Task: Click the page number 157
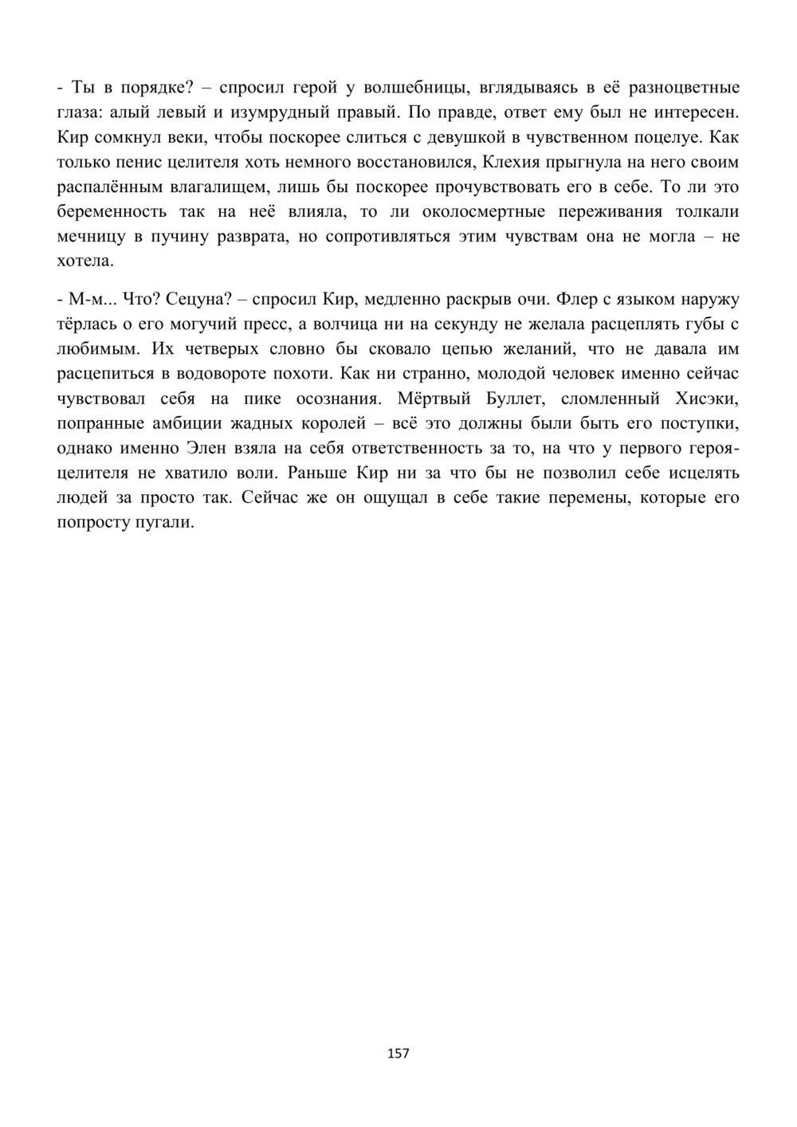[398, 1054]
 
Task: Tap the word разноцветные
[684, 88]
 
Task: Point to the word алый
[148, 112]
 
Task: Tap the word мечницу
[90, 237]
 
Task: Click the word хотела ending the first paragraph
[86, 261]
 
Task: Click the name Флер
[573, 300]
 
